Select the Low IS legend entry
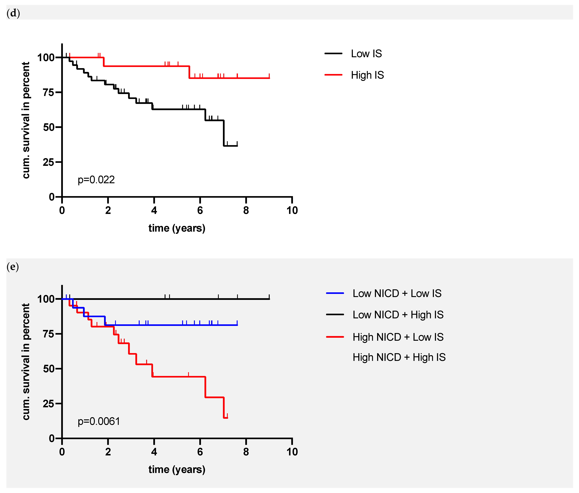click(x=366, y=54)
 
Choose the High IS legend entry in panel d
click(x=367, y=75)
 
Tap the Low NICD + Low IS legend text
click(x=397, y=294)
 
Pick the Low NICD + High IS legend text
click(x=398, y=315)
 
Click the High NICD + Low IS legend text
click(x=398, y=337)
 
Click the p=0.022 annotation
click(x=96, y=180)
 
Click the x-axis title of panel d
click(x=177, y=228)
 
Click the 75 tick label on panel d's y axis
click(x=48, y=92)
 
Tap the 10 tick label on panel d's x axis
click(x=292, y=210)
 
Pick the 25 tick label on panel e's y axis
click(x=48, y=404)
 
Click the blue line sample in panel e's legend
click(x=335, y=293)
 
